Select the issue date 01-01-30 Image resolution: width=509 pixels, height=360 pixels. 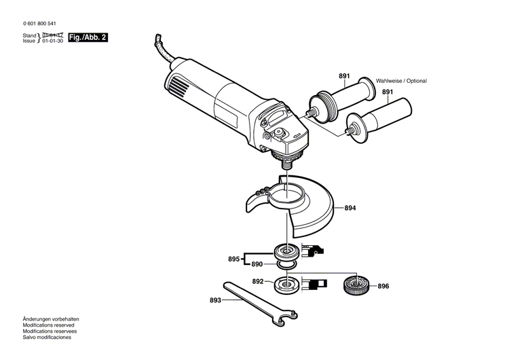(x=54, y=41)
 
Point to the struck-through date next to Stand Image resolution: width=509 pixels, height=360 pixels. (x=54, y=35)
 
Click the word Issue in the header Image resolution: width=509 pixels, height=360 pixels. (x=29, y=41)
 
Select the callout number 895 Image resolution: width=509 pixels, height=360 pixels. (x=234, y=259)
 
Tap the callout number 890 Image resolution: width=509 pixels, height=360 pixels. (x=257, y=264)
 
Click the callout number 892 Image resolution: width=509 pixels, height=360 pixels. (x=258, y=281)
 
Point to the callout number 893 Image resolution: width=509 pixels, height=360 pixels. (x=215, y=299)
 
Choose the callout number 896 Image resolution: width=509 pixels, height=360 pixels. (x=383, y=286)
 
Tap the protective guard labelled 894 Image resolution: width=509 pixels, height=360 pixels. (x=299, y=207)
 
